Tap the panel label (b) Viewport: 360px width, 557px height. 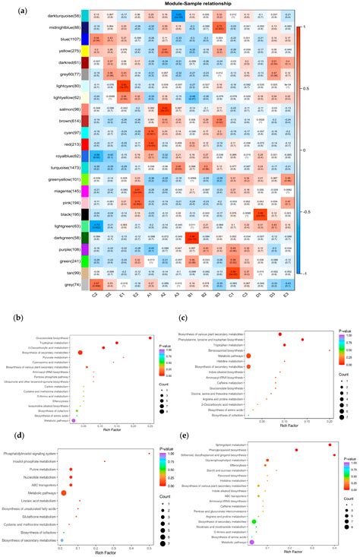pos(11,292)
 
